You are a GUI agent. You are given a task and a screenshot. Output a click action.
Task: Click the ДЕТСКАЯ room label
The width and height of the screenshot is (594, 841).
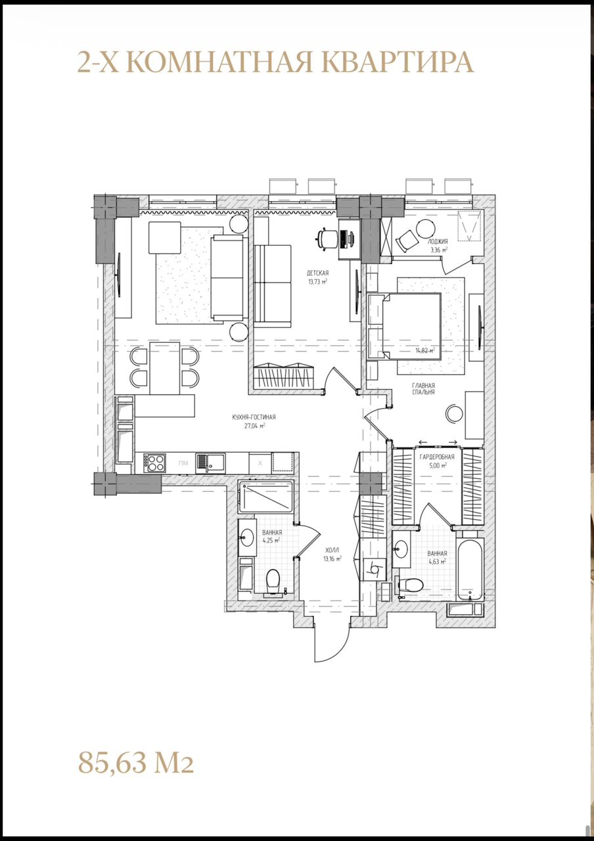[x=317, y=273]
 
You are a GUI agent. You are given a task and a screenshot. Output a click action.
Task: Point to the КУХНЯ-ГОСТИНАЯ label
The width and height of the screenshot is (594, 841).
[x=254, y=417]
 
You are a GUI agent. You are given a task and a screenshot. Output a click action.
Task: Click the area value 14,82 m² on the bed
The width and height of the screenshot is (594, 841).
[x=424, y=350]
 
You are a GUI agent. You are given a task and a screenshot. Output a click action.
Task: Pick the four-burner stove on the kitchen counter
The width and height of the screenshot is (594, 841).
[x=154, y=463]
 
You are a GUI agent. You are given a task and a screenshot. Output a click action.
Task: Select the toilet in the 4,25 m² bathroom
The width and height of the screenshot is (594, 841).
[x=272, y=581]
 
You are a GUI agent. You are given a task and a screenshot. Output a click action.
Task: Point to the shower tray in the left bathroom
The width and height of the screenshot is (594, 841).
[x=265, y=497]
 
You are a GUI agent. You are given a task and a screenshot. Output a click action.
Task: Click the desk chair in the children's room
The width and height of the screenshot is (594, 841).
[x=325, y=238]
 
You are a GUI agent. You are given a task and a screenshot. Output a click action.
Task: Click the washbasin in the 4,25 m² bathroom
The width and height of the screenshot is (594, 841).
[x=247, y=537]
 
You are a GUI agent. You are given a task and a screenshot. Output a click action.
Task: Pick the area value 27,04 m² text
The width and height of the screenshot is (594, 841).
[x=254, y=425]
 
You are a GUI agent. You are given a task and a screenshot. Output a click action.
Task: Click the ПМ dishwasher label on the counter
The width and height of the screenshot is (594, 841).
[x=182, y=463]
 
